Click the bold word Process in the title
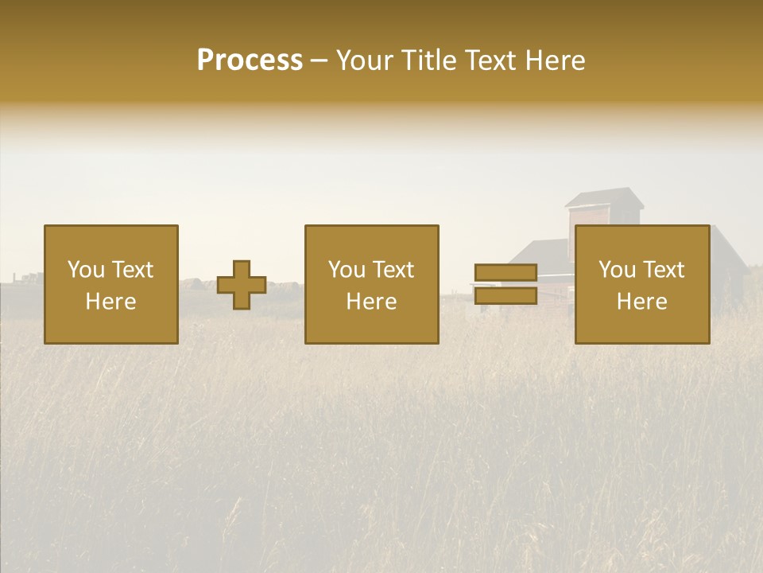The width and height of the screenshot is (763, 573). pos(250,60)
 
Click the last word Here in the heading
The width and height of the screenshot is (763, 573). pos(555,60)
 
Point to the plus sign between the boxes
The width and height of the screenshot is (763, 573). pos(242,285)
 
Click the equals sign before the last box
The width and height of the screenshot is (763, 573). pos(505,285)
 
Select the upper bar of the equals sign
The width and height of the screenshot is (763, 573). pos(505,273)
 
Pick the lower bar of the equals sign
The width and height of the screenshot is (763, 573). pos(505,296)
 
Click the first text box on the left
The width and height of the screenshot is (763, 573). pos(111,285)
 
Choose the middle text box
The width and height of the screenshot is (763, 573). pos(372,285)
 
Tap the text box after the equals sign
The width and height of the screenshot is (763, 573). pos(642,285)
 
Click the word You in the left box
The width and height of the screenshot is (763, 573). pos(83,270)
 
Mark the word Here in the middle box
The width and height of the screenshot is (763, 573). pos(372,302)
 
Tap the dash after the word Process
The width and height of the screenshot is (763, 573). pos(319,61)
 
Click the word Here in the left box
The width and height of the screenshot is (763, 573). pos(111,302)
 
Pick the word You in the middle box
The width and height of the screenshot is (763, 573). pos(345,270)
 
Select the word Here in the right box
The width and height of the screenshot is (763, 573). pos(642,302)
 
